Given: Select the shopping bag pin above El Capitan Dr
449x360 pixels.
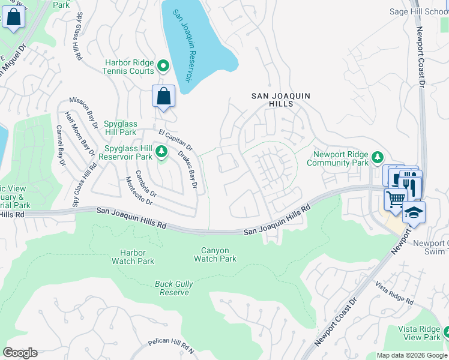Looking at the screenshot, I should [x=164, y=97].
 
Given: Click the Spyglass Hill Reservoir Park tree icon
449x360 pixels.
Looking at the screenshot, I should [x=161, y=153].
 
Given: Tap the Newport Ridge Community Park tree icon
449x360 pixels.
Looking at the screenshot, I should [x=377, y=158].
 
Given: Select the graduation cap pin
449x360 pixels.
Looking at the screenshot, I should [x=414, y=212].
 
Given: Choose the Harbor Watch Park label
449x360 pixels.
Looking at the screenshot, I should [x=133, y=257].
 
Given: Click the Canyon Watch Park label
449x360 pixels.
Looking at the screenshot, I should [x=215, y=254].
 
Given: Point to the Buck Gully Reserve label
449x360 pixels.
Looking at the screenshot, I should [x=172, y=288].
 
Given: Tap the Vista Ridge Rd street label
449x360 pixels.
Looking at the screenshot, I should [x=394, y=293].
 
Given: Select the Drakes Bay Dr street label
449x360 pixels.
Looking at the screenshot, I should [x=187, y=170].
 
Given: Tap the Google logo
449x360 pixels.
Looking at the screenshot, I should [x=20, y=352].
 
